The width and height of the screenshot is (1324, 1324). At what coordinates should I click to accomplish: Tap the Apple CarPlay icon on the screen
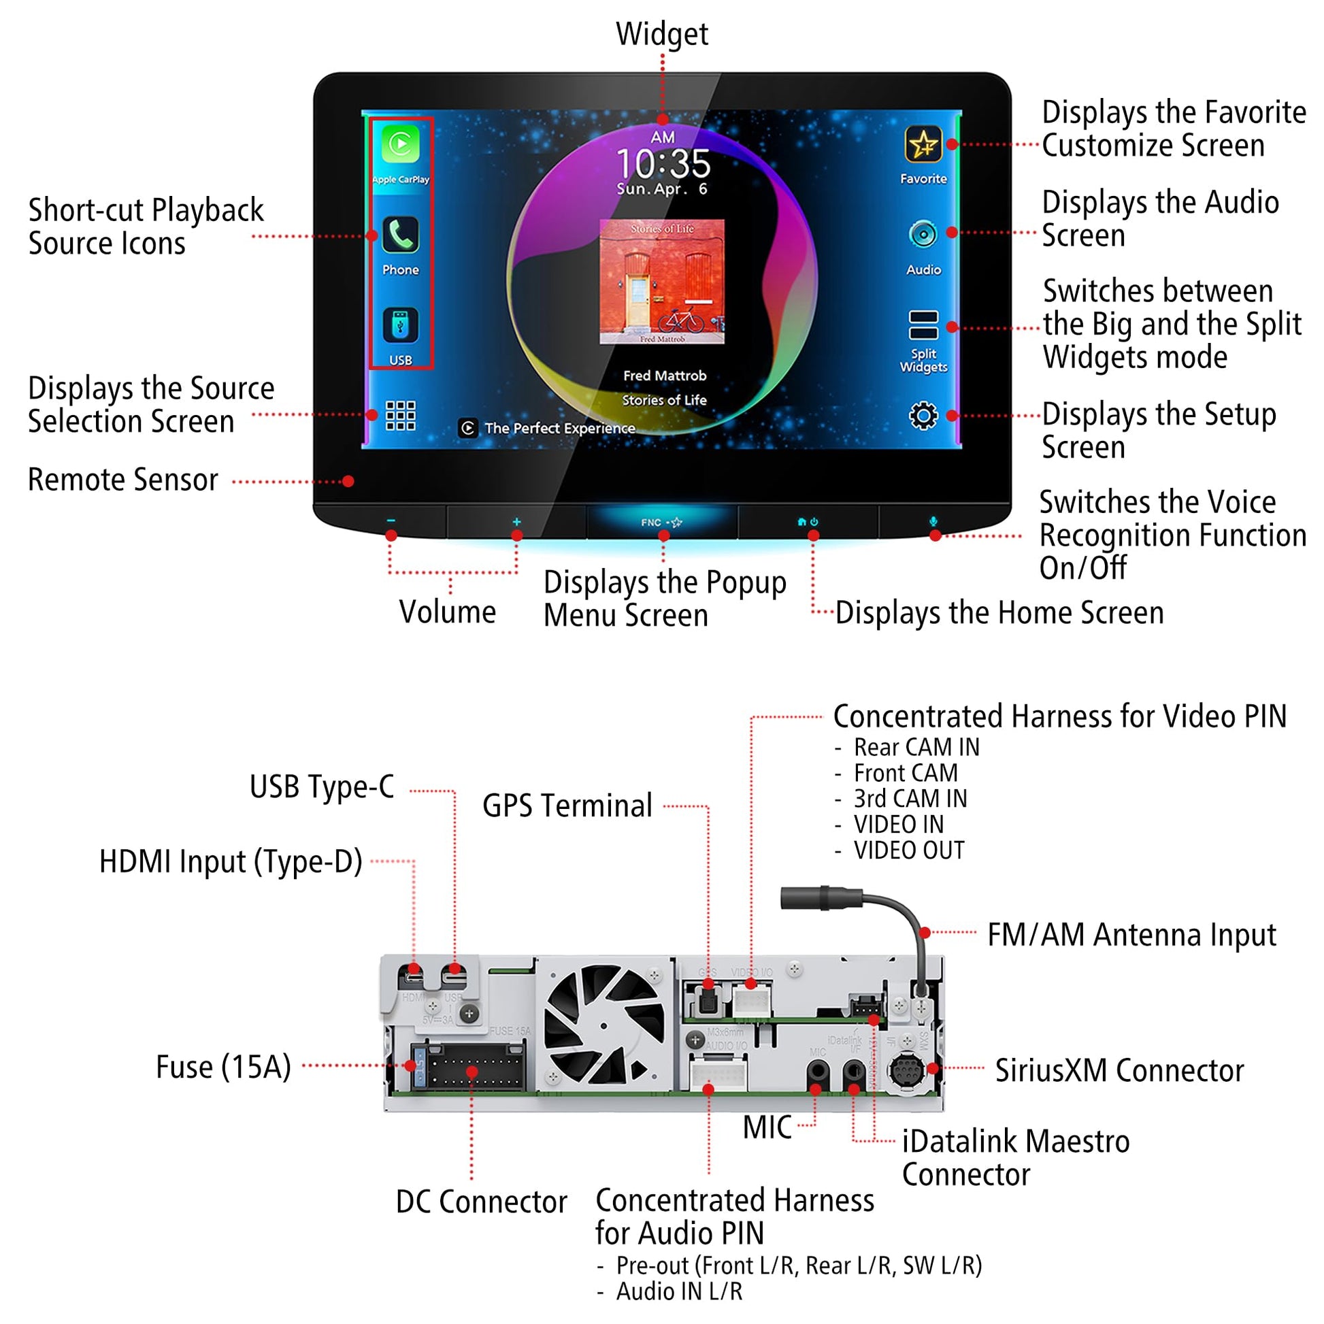[x=400, y=145]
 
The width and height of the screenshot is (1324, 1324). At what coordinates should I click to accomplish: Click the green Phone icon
[x=400, y=235]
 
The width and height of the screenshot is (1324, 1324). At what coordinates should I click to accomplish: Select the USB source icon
[x=400, y=325]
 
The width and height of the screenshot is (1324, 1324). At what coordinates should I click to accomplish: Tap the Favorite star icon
[x=923, y=145]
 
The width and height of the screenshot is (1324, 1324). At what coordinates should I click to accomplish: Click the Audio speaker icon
[x=923, y=234]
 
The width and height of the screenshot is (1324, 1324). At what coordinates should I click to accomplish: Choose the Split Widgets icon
[x=923, y=325]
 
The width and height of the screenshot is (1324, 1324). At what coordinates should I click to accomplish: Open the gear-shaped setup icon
[x=923, y=415]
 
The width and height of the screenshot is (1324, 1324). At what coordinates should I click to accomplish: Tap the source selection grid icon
[x=400, y=415]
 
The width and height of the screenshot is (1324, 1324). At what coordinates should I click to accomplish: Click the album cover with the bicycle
[x=662, y=282]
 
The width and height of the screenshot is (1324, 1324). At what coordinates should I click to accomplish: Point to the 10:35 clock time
[x=663, y=163]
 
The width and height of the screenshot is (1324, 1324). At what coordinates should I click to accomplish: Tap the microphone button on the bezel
[x=933, y=523]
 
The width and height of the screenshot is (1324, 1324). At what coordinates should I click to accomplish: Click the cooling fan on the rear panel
[x=603, y=1026]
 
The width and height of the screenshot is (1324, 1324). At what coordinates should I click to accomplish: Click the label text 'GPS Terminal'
[x=567, y=806]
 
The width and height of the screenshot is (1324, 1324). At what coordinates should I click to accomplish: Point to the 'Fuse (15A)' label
[x=223, y=1067]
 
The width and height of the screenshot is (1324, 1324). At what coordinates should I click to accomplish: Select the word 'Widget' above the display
[x=661, y=33]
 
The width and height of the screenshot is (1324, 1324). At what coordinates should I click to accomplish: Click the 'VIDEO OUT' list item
[x=908, y=850]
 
